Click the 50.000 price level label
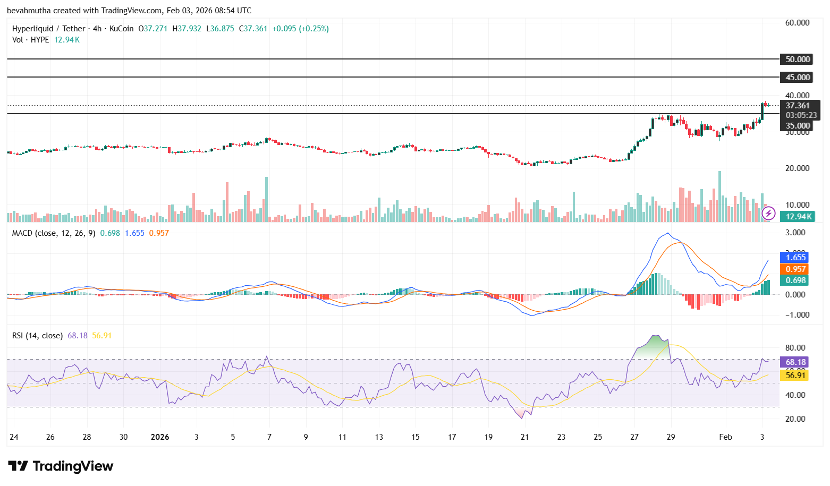click(798, 59)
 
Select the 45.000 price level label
click(798, 78)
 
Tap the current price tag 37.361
click(798, 106)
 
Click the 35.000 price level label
click(798, 126)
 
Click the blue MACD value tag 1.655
click(795, 258)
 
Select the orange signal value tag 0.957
click(795, 269)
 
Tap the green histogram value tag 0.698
click(795, 280)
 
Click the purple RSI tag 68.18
click(795, 362)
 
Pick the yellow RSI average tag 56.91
click(795, 376)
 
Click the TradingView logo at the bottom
click(61, 466)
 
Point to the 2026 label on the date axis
click(160, 437)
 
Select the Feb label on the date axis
click(725, 437)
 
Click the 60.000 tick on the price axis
click(797, 23)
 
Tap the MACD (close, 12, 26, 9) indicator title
click(54, 233)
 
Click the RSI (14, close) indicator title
click(38, 336)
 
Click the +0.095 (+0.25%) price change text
click(300, 29)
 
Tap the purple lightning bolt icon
click(768, 214)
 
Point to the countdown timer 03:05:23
click(801, 115)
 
